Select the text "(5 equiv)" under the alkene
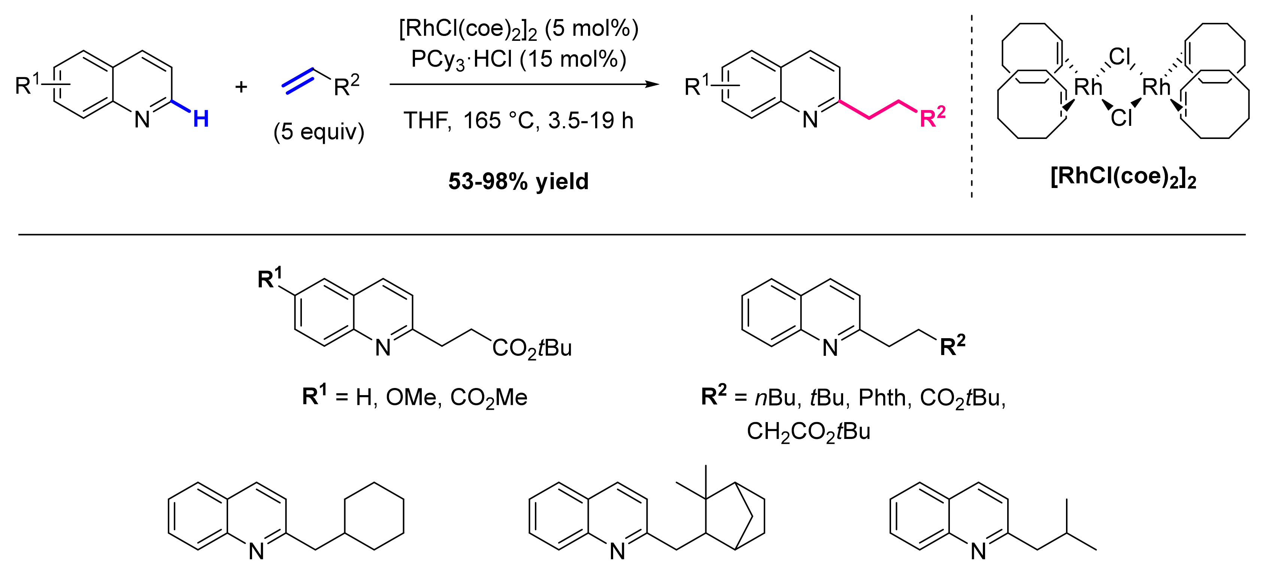[x=319, y=132]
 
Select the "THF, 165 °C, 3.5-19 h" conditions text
[x=518, y=121]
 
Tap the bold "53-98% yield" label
[x=518, y=181]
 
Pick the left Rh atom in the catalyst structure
[x=1088, y=88]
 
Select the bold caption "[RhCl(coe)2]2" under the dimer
[x=1123, y=177]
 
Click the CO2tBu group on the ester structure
[x=532, y=349]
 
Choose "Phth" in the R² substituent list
[x=882, y=397]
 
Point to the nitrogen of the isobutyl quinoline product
[x=978, y=552]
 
